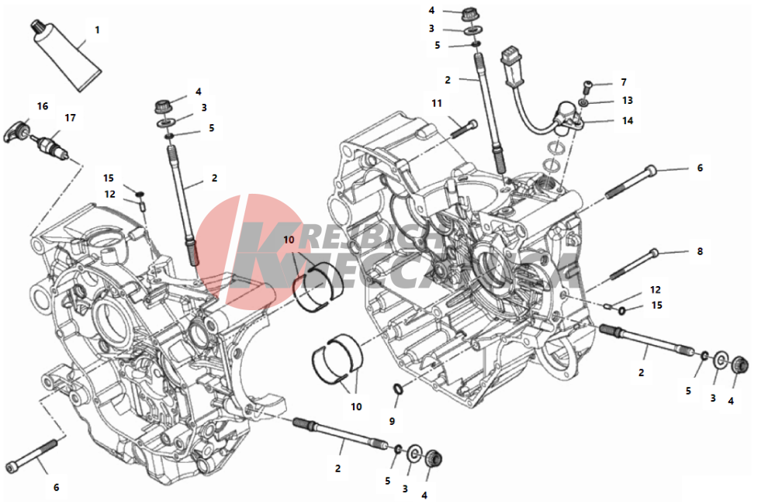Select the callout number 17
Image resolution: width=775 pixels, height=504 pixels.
(70, 118)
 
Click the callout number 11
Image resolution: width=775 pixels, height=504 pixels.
(437, 103)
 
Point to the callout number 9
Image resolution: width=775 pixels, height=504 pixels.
(392, 421)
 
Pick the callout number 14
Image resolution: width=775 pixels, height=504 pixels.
(627, 121)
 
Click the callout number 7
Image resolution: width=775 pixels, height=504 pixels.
(622, 81)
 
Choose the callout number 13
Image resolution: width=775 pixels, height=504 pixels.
(627, 101)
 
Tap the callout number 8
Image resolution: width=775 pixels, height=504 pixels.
(699, 251)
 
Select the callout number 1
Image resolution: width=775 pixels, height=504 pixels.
(97, 29)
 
